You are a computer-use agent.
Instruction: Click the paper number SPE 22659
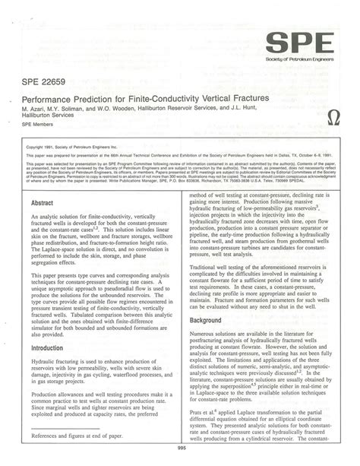point(46,81)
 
